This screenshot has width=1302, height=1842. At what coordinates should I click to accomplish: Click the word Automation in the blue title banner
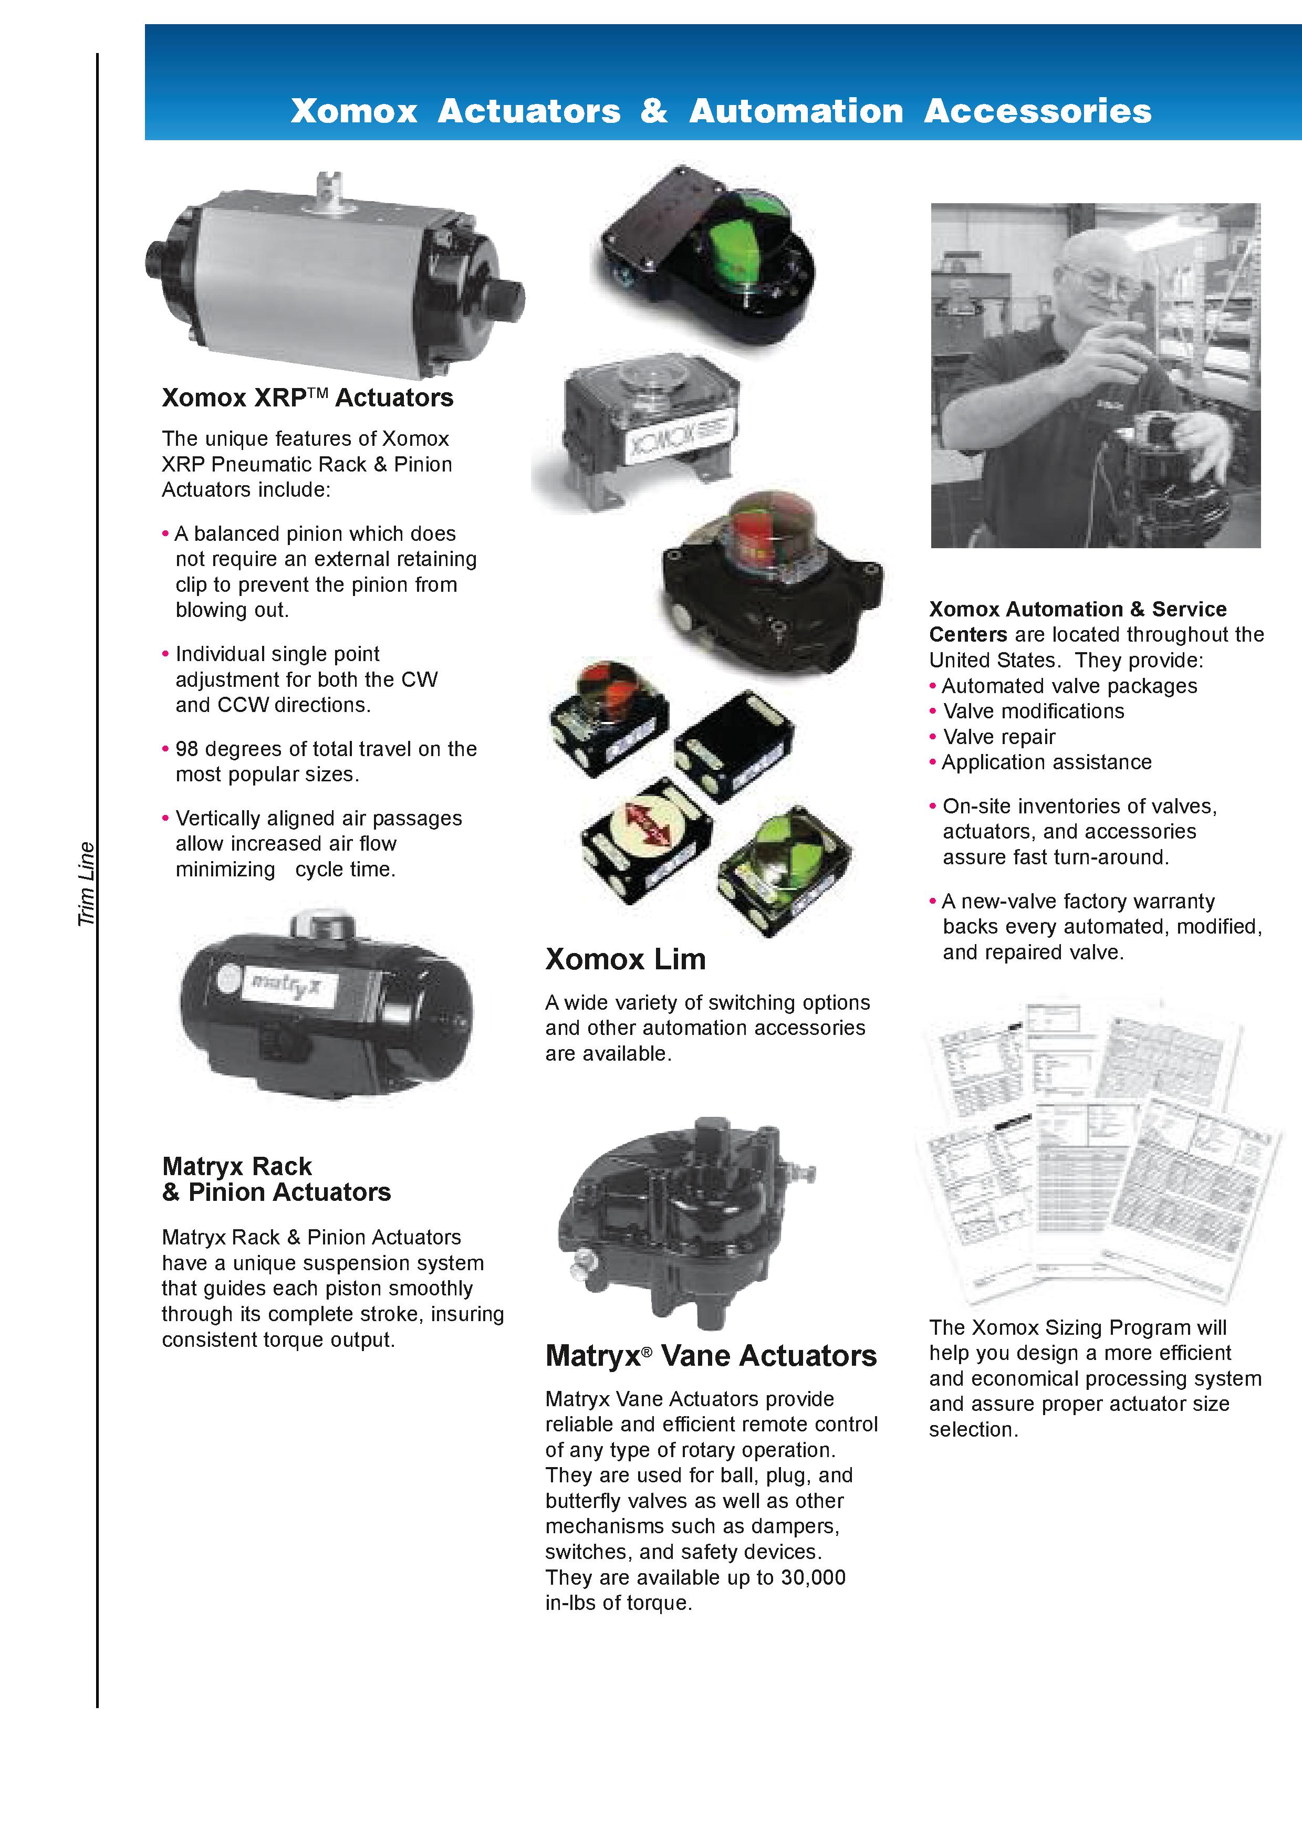(796, 111)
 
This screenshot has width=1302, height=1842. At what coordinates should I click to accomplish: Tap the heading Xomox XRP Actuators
(307, 398)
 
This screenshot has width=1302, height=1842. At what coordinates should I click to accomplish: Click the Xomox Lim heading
(625, 959)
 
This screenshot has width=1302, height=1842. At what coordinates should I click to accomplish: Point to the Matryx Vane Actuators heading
(711, 1356)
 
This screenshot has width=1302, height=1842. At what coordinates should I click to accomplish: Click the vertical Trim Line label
(86, 884)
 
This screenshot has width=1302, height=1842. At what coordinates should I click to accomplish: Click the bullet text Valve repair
(999, 737)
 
